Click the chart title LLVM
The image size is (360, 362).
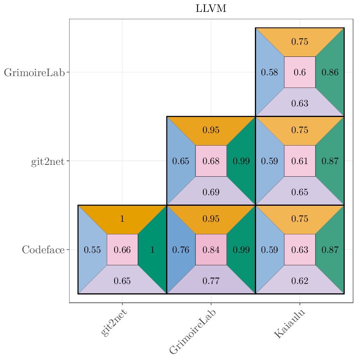(x=211, y=9)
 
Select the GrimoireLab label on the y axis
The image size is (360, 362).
(x=34, y=73)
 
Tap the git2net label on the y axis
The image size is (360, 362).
(x=47, y=162)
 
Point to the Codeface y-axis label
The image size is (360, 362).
(x=43, y=250)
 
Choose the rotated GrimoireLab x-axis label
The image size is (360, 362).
(x=192, y=331)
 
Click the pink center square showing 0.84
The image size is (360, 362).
(x=211, y=250)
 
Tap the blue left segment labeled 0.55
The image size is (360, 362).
(x=92, y=250)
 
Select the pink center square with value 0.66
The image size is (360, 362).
(x=122, y=250)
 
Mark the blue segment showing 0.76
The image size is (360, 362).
(x=180, y=250)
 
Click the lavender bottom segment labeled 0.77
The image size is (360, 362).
(x=211, y=281)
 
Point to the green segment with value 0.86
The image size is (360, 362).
(x=330, y=72)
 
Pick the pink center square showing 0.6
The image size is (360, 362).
(x=299, y=72)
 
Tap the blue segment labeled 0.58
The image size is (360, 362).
(x=269, y=72)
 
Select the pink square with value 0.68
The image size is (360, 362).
(x=211, y=161)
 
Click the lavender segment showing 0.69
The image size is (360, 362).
(x=211, y=192)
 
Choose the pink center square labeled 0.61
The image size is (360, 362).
(x=299, y=161)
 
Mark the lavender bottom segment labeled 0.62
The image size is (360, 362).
(x=299, y=281)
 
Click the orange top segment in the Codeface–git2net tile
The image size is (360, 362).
(x=122, y=218)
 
